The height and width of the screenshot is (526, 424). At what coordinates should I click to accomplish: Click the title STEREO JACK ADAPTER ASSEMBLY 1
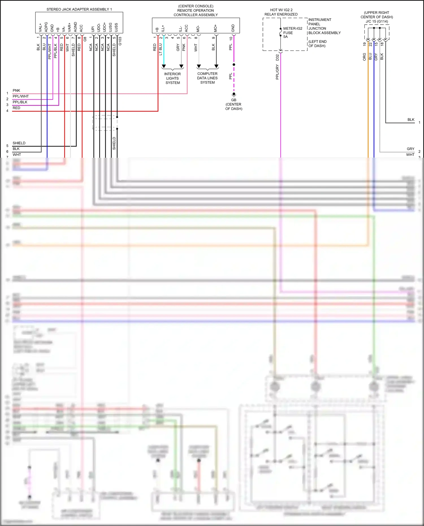(79, 9)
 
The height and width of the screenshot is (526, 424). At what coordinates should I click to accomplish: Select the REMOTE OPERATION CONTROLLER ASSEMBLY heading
(196, 10)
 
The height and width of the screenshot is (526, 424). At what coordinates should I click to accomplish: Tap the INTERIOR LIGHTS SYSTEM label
(172, 78)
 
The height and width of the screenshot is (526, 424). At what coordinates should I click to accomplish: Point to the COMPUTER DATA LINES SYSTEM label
(207, 78)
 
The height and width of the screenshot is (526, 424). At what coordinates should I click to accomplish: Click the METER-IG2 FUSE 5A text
(292, 33)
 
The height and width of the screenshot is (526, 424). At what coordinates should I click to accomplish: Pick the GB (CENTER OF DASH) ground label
(234, 104)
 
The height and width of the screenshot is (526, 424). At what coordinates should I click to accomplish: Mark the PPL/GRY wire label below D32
(277, 72)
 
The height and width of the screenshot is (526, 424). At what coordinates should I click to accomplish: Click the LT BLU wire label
(161, 49)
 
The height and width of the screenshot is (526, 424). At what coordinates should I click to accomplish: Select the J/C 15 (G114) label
(377, 21)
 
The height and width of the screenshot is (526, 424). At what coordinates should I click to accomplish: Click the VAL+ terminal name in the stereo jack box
(40, 28)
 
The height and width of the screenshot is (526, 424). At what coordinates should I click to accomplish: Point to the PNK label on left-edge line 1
(16, 90)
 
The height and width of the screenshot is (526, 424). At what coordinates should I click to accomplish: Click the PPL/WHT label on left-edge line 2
(21, 96)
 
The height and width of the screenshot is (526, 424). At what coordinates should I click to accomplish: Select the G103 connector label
(120, 41)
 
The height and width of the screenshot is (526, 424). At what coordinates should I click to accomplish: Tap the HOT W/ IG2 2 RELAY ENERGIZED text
(281, 12)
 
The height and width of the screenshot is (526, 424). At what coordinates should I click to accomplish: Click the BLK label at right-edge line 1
(411, 120)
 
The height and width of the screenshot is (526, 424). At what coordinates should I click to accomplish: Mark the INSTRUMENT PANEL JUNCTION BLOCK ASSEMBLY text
(324, 26)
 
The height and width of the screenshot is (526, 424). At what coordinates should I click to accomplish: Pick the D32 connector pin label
(277, 57)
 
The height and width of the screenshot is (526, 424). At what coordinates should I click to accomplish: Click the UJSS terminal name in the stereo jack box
(116, 27)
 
